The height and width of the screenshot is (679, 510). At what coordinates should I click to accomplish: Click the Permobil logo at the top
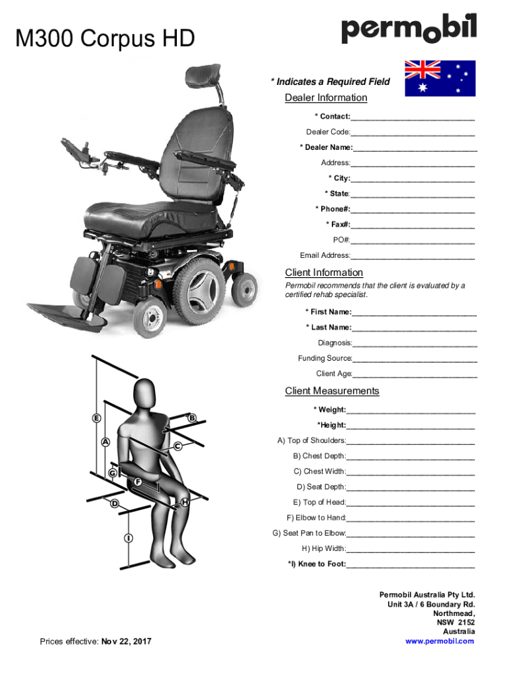click(408, 29)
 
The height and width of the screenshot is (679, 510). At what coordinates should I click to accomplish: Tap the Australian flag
click(440, 78)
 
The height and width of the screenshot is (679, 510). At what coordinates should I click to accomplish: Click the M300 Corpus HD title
click(106, 40)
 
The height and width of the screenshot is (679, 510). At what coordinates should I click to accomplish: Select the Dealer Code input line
click(413, 133)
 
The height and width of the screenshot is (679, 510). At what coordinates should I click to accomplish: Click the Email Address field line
click(413, 257)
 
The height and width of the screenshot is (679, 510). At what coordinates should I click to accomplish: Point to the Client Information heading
click(324, 273)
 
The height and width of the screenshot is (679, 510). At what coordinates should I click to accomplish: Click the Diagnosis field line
click(415, 344)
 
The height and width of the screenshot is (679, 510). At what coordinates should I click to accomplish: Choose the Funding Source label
click(325, 359)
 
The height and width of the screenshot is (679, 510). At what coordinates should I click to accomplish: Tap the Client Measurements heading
click(332, 391)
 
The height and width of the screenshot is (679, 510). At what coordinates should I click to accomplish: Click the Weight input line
click(411, 411)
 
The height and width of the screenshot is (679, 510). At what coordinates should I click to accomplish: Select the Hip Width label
click(323, 549)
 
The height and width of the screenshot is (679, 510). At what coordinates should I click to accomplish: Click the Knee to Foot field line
click(411, 566)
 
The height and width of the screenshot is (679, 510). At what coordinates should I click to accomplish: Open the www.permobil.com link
click(440, 641)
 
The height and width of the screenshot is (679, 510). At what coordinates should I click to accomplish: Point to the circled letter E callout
click(97, 418)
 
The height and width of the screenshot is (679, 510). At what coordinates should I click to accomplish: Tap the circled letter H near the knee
click(185, 502)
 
